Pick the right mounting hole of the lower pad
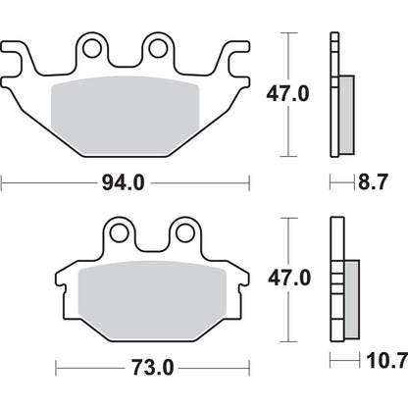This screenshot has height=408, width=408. tap(184, 232)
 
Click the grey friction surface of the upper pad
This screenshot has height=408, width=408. tap(125, 108)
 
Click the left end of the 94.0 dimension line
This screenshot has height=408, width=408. tap(3, 181)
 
